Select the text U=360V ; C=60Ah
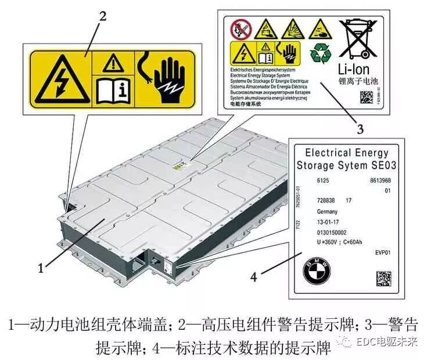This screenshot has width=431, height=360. click(x=343, y=242)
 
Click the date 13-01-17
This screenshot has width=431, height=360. click(x=329, y=222)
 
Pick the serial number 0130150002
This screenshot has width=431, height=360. click(x=333, y=232)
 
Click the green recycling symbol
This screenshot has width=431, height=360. click(x=320, y=53)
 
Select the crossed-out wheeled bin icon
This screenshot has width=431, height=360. click(x=359, y=37)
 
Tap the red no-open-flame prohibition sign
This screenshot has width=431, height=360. click(x=239, y=27)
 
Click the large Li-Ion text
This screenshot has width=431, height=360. click(x=358, y=70)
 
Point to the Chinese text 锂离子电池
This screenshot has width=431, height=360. click(x=360, y=82)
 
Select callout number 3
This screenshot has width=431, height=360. click(x=361, y=128)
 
